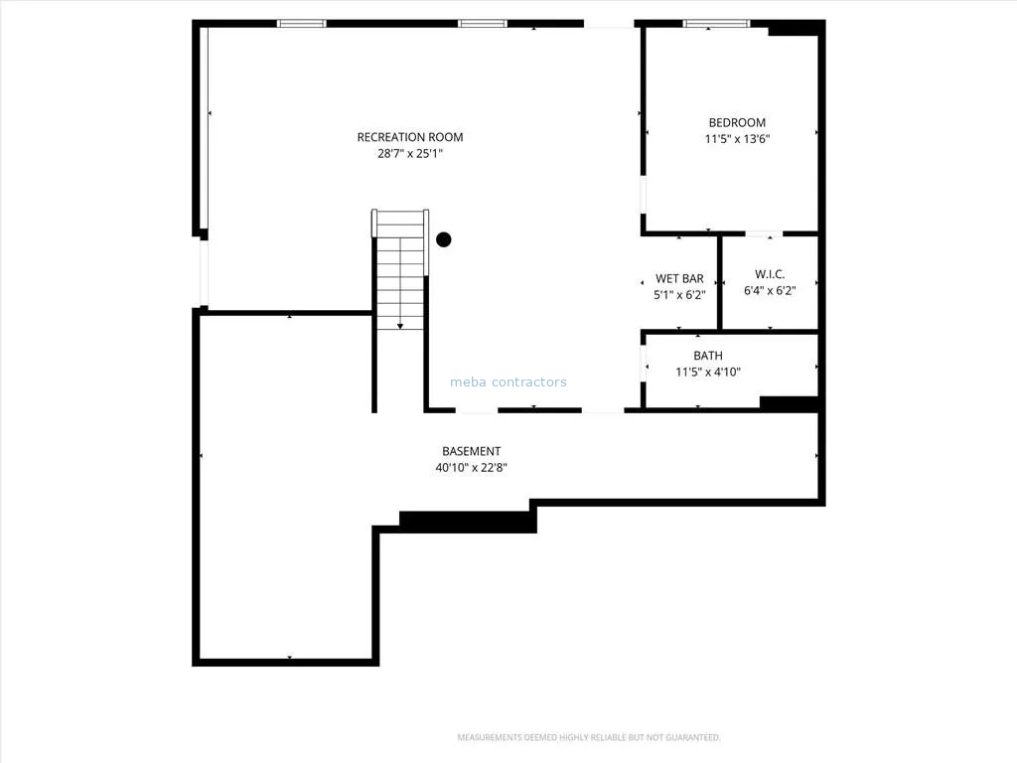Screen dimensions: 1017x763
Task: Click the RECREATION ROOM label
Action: [x=410, y=137]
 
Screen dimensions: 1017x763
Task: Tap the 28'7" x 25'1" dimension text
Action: [x=410, y=154]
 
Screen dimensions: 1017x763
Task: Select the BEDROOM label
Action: [x=737, y=122]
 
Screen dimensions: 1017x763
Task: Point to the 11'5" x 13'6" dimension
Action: [x=738, y=139]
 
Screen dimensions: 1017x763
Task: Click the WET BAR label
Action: [x=679, y=278]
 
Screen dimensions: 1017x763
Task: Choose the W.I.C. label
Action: [x=770, y=274]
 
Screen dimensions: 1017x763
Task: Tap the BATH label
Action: [x=707, y=356]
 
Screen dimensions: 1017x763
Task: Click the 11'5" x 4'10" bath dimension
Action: [x=707, y=372]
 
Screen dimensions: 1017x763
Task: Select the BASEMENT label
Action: [x=472, y=451]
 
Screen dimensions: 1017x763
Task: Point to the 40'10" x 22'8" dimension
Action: [x=472, y=467]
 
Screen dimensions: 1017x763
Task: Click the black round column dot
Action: [x=444, y=239]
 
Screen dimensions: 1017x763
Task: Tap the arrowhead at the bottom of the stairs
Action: [x=400, y=326]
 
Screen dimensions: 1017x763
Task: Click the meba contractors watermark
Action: [x=508, y=382]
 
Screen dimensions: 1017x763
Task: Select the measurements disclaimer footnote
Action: [x=589, y=737]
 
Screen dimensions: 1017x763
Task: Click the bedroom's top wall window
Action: [x=716, y=24]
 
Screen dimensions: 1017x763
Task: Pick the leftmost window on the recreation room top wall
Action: [x=302, y=24]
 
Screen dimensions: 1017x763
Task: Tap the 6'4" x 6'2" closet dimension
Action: [x=770, y=291]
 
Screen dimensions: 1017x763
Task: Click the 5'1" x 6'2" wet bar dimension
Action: [x=679, y=294]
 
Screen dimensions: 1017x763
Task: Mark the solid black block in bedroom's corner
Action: [x=793, y=28]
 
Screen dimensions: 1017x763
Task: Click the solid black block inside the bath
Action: [x=789, y=403]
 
